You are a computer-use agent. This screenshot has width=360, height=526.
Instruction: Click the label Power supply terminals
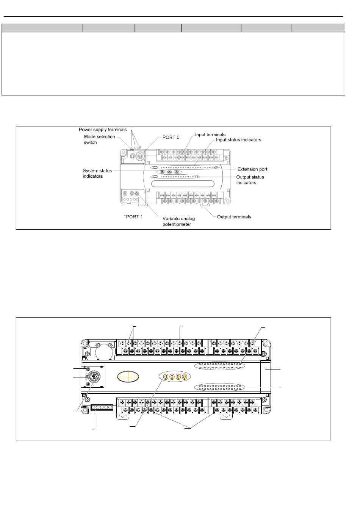(x=103, y=130)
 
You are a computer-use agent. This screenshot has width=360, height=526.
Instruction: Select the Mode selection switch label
(x=99, y=139)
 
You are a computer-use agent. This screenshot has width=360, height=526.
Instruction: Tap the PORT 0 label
(x=171, y=137)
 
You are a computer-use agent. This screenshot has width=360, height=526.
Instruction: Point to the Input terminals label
(x=210, y=135)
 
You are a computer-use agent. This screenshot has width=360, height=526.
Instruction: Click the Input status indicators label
(x=238, y=140)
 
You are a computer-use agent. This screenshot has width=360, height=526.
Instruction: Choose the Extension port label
(x=252, y=169)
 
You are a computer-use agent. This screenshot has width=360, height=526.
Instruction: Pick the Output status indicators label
(x=250, y=180)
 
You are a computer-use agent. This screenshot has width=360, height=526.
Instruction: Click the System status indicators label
(x=97, y=173)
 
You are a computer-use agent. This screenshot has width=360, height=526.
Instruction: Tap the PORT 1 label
(x=134, y=217)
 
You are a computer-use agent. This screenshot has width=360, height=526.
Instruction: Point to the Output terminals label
(x=234, y=217)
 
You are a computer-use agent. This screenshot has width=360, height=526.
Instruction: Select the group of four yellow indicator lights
(x=175, y=377)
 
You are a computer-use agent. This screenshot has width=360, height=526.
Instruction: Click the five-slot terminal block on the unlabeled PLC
(x=102, y=408)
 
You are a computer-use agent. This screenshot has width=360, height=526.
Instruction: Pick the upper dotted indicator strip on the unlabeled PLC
(x=220, y=366)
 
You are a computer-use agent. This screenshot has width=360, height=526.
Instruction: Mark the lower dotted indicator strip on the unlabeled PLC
(x=220, y=387)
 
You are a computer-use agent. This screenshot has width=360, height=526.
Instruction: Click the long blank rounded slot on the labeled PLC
(x=182, y=184)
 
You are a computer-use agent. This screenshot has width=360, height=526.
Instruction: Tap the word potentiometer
(x=177, y=224)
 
